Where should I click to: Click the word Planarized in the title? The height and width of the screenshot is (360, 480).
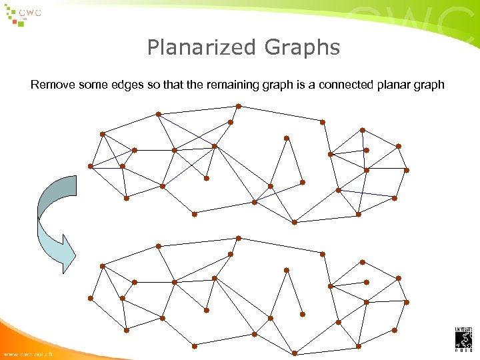(x=202, y=48)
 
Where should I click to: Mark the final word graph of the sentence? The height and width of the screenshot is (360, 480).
(x=430, y=85)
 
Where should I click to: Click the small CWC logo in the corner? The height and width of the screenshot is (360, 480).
(x=23, y=15)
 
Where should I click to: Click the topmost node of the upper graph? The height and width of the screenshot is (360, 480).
(x=239, y=106)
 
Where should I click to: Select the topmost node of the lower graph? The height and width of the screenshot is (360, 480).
(x=239, y=238)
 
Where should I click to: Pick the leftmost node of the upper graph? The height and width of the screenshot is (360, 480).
(x=91, y=166)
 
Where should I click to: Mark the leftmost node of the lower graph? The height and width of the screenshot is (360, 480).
(x=91, y=298)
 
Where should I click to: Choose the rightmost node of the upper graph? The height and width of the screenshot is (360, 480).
(x=407, y=170)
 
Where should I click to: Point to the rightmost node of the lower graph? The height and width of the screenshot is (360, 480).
(x=407, y=302)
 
